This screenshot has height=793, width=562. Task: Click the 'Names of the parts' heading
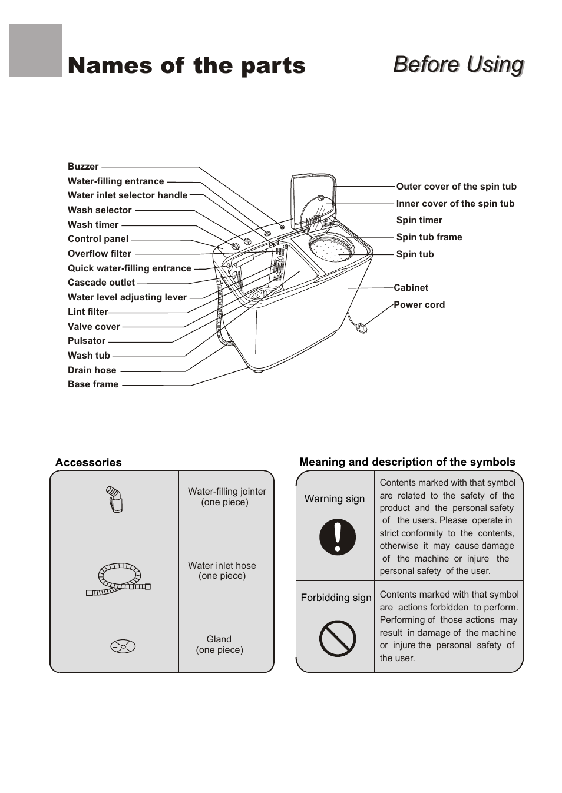(x=186, y=65)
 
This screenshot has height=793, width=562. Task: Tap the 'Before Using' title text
(x=458, y=64)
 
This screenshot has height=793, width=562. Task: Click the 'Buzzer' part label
(x=83, y=167)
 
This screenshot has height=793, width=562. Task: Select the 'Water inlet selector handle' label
(x=127, y=195)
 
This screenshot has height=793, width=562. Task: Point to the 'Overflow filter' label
(x=100, y=254)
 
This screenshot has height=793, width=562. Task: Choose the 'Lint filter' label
(x=88, y=312)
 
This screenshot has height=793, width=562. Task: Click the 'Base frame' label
(x=93, y=384)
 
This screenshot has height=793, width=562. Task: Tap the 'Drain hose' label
(x=92, y=370)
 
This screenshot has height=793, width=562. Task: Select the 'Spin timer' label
(x=419, y=220)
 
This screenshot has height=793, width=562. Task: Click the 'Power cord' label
(x=419, y=305)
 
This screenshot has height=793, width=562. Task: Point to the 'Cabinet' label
(x=411, y=288)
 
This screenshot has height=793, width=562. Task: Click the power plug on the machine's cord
(x=362, y=327)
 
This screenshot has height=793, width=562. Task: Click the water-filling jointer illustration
(x=114, y=499)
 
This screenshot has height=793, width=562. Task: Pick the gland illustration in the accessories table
(x=123, y=646)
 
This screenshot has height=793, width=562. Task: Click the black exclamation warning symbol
(x=338, y=537)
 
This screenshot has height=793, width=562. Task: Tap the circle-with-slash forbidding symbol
(x=338, y=638)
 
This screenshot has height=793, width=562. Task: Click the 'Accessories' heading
(x=88, y=463)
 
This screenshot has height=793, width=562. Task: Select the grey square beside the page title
(x=35, y=51)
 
